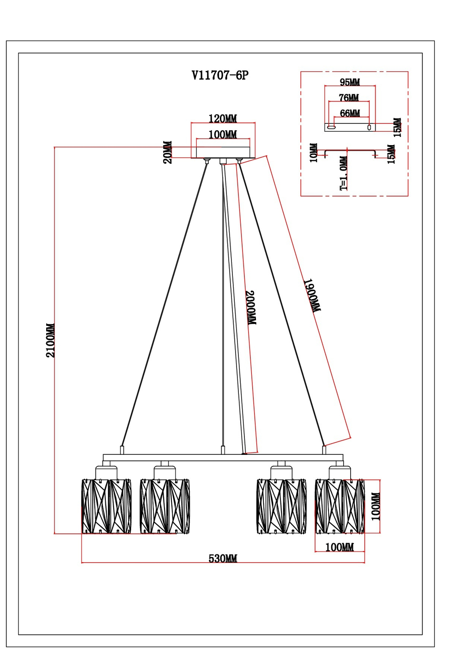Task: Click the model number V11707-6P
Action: point(220,75)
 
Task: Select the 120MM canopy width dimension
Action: point(223,119)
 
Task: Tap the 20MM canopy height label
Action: point(168,152)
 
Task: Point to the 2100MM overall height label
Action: point(50,340)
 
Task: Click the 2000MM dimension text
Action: point(250,308)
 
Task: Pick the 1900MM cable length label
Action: point(312,295)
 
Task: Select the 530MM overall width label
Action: point(223,558)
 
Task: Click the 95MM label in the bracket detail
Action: point(350,82)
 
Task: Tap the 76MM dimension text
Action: point(349,98)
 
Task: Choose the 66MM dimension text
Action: point(350,113)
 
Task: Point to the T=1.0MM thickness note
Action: point(344,173)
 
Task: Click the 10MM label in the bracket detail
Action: point(314,153)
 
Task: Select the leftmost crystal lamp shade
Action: point(106,506)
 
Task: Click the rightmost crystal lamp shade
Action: point(340,506)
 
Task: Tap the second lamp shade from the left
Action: point(165,506)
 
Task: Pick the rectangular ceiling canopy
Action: point(223,153)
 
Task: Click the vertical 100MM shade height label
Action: point(376,507)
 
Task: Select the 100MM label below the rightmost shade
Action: point(340,547)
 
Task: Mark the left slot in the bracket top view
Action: point(331,127)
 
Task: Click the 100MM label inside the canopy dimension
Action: point(223,134)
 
